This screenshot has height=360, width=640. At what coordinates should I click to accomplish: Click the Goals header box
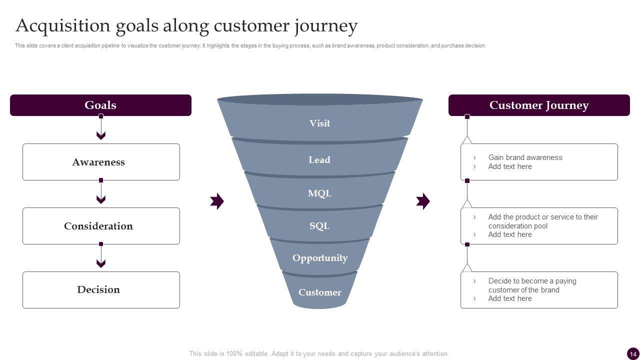(x=100, y=105)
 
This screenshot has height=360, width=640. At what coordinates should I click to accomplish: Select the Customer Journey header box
(x=539, y=105)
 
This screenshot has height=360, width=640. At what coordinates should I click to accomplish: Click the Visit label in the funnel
(x=319, y=123)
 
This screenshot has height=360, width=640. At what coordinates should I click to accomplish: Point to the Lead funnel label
(x=319, y=160)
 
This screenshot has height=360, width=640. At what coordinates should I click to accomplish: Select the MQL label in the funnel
(x=319, y=193)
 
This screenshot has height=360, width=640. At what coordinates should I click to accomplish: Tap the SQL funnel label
(x=319, y=226)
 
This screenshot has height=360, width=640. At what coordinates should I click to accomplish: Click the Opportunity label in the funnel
(x=320, y=258)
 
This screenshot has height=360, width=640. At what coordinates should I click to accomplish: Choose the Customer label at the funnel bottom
(x=320, y=292)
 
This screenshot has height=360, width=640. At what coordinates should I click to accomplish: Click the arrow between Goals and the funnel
(x=217, y=201)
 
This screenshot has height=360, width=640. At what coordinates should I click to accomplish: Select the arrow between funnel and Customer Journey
(x=423, y=201)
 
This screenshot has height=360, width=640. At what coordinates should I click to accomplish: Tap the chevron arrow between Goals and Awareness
(x=101, y=135)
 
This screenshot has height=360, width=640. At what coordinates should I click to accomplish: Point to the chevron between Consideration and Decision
(x=101, y=263)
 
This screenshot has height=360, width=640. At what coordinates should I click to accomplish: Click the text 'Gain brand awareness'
(x=525, y=157)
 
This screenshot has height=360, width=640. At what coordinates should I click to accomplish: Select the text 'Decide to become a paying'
(x=532, y=281)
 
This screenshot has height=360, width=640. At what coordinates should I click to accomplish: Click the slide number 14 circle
(x=633, y=353)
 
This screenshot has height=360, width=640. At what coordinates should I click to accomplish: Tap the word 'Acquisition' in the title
(x=63, y=25)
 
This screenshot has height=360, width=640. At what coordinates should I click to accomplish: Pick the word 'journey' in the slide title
(x=327, y=25)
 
